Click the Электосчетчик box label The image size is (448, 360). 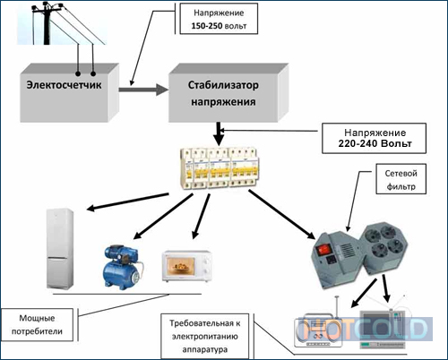[x=64, y=85]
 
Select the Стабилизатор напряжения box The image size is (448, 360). [x=228, y=92]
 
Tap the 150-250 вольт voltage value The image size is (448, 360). [x=219, y=26]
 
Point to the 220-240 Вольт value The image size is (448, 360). [x=375, y=143]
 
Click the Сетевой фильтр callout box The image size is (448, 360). [x=401, y=179]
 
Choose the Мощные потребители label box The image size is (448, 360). [x=37, y=325]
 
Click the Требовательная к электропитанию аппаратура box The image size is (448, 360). [x=205, y=336]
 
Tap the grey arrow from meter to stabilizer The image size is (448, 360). [x=143, y=90]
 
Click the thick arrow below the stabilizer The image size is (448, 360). [x=219, y=133]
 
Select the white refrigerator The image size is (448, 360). [x=60, y=249]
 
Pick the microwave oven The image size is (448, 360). [x=187, y=267]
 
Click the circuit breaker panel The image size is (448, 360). [x=220, y=168]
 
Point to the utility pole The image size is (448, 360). [x=47, y=24]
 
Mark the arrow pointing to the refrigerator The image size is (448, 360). [x=127, y=202]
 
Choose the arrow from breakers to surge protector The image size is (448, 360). [x=282, y=215]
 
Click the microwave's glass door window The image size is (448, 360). [x=181, y=266]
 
